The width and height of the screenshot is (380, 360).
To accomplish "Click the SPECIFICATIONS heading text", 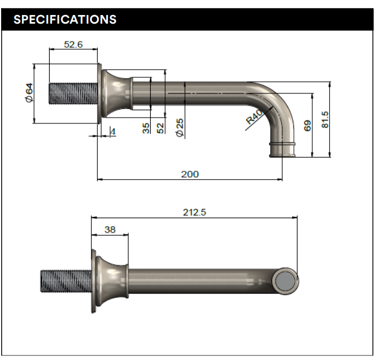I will point(65,19).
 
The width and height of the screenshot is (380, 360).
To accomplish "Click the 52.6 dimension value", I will point(73,44).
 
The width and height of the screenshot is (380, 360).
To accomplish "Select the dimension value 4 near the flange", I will point(113,132).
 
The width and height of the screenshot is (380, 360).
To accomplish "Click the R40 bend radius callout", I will point(254,117).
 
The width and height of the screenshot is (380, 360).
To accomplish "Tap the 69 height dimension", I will point(308,125).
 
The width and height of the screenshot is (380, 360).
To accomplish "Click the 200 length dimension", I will point(189,174).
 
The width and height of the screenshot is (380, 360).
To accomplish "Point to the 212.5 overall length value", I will point(195,212).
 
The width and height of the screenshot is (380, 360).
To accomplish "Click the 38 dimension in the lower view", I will point(110,229).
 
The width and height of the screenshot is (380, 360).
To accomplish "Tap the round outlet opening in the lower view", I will point(286,281).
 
